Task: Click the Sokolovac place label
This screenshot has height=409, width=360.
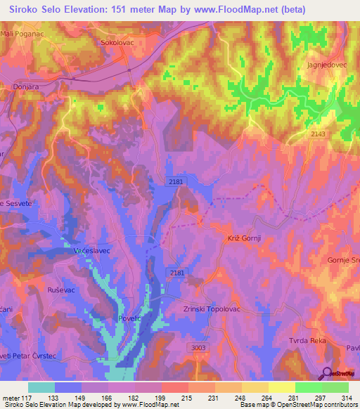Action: click(x=113, y=42)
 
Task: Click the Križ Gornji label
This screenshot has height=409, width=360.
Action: click(x=244, y=239)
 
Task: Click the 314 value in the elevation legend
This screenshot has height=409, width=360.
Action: click(x=345, y=398)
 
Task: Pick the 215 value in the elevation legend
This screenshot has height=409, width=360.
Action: click(x=187, y=398)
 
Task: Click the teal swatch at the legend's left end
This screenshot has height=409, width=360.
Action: click(x=41, y=387)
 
